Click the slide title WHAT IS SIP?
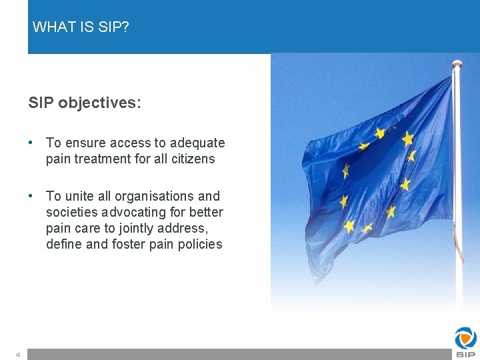(x=81, y=27)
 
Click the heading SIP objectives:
(x=85, y=103)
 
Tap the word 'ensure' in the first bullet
(x=85, y=143)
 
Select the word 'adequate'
(x=197, y=143)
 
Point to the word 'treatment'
(x=103, y=159)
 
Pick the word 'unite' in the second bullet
(x=79, y=197)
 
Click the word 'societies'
(x=71, y=213)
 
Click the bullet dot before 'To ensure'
(x=31, y=143)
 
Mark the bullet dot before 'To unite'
(x=31, y=197)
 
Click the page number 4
(x=18, y=355)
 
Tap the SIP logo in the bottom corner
(x=465, y=342)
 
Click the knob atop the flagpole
(x=457, y=64)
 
